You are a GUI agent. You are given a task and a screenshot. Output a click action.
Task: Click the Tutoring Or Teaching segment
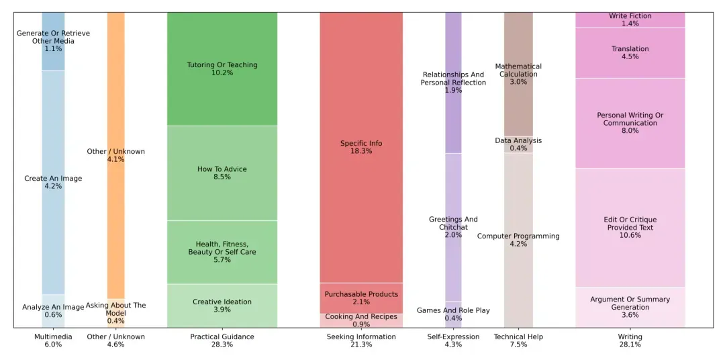click(x=222, y=69)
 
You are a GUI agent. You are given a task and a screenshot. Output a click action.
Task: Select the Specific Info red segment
click(x=361, y=147)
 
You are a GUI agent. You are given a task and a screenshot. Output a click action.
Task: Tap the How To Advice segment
click(x=222, y=173)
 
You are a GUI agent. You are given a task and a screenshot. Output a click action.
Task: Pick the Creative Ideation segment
click(x=222, y=306)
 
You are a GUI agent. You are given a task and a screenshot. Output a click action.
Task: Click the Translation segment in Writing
click(x=630, y=52)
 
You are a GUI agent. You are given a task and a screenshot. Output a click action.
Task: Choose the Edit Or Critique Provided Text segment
click(x=630, y=227)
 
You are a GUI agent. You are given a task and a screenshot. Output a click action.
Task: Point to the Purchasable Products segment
click(x=361, y=298)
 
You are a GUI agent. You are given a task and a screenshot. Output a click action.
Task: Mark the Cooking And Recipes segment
click(x=361, y=320)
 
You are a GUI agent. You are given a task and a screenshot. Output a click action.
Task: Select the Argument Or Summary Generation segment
click(x=630, y=307)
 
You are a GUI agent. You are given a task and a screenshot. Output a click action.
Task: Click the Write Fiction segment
click(x=630, y=19)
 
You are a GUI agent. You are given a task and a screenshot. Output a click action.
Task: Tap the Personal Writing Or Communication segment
click(x=630, y=123)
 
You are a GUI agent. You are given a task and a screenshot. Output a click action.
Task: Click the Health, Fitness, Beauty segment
click(x=222, y=252)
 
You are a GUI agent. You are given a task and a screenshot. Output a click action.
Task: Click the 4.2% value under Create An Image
click(x=53, y=186)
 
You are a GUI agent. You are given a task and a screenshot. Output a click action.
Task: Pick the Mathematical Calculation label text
click(x=518, y=71)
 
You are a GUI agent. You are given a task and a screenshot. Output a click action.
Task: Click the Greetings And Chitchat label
click(x=453, y=223)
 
